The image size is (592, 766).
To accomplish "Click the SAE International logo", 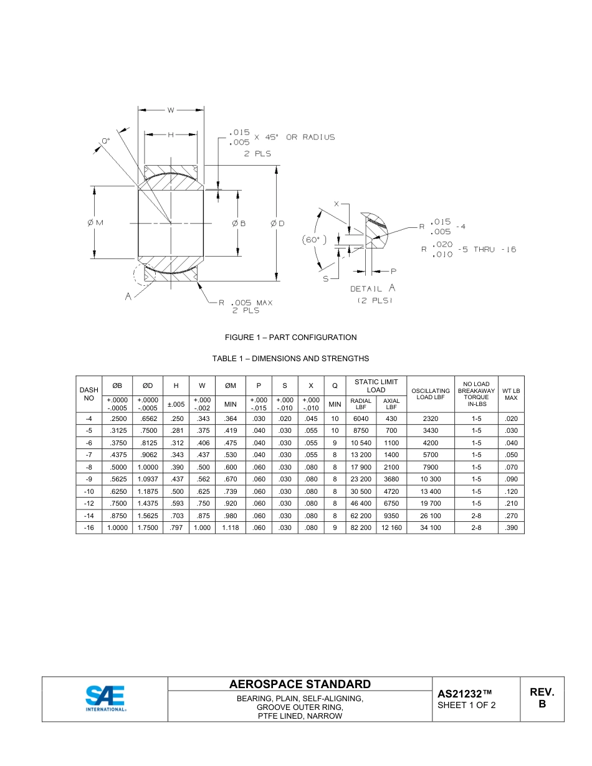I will pos(105,698).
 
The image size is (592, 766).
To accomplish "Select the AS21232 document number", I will pos(465,693).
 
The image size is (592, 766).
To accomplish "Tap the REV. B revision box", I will pos(542,698).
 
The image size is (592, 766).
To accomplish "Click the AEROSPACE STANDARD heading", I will pos(300,684).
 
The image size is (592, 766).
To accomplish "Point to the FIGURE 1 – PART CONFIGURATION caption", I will pos(290,338).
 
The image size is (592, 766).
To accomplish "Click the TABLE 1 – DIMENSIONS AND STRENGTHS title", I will pos(290,359).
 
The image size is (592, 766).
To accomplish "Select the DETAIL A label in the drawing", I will pos(372,288).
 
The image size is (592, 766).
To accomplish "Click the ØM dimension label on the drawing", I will pos(95,223).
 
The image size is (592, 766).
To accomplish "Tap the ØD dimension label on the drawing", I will pos(277,223).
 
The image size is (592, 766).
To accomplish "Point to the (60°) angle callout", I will pos(313,240).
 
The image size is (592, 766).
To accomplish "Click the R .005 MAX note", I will pos(245,303).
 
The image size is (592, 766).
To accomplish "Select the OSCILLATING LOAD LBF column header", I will pos(431,394).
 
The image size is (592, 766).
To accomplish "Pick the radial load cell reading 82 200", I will pos(361,527).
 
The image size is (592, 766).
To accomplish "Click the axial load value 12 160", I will pos(391,527).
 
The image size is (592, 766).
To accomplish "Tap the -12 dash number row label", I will pos(88,503).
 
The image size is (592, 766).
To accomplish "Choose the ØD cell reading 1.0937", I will pos(148,479).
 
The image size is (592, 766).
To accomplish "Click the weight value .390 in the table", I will pos(511,527).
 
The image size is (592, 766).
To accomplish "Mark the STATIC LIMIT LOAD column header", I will pos(376,385).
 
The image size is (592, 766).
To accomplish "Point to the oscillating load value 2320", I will pos(431,418).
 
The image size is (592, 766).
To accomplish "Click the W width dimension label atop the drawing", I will pos(170,110).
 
